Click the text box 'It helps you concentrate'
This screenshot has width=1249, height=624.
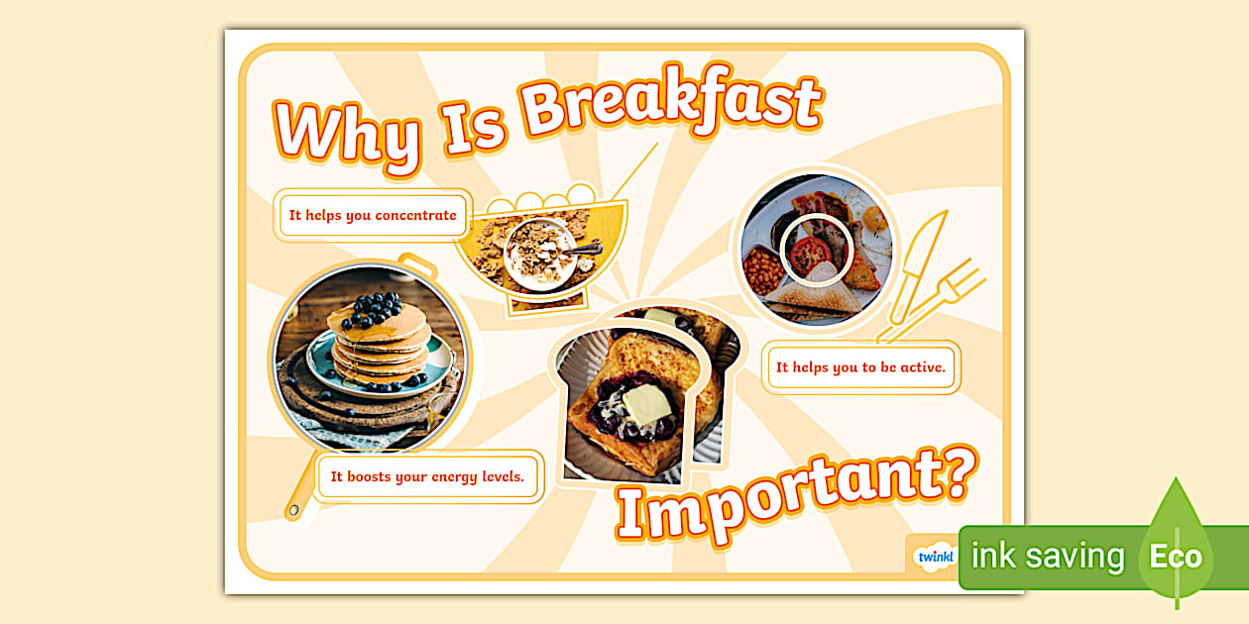(x=373, y=215)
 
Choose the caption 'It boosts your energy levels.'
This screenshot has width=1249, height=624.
(x=427, y=476)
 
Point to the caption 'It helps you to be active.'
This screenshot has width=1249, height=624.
(x=861, y=367)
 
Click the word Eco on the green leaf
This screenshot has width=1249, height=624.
(x=1176, y=556)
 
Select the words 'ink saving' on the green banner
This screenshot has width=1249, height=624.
(x=1048, y=556)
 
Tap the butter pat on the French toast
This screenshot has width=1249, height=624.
(x=645, y=405)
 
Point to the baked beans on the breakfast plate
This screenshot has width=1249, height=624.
(x=764, y=269)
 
